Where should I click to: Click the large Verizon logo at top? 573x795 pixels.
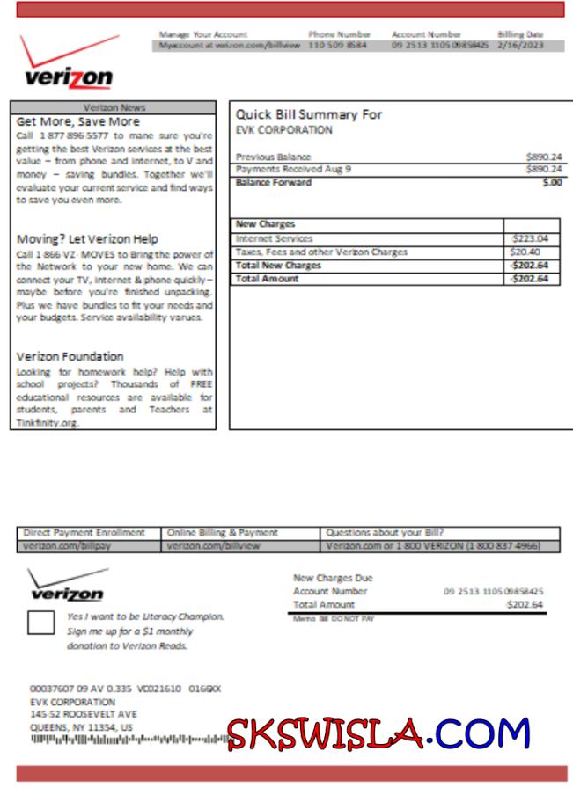pyautogui.click(x=69, y=66)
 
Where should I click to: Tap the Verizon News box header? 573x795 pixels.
pyautogui.click(x=114, y=106)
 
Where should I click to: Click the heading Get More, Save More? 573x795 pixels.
pyautogui.click(x=78, y=121)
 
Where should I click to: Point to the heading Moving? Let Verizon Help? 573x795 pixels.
pyautogui.click(x=87, y=239)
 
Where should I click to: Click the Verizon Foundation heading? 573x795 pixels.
pyautogui.click(x=70, y=356)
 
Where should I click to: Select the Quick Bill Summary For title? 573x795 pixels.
pyautogui.click(x=309, y=114)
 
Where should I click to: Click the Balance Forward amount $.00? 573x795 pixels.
pyautogui.click(x=552, y=183)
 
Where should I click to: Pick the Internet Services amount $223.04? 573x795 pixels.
pyautogui.click(x=530, y=238)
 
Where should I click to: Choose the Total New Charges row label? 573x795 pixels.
pyautogui.click(x=278, y=266)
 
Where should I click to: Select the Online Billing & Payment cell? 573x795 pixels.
pyautogui.click(x=223, y=533)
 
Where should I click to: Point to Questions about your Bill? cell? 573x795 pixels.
pyautogui.click(x=385, y=533)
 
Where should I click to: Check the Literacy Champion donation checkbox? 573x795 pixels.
pyautogui.click(x=40, y=623)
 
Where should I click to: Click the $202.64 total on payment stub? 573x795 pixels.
pyautogui.click(x=525, y=605)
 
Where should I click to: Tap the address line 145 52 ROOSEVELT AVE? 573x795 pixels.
pyautogui.click(x=83, y=715)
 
